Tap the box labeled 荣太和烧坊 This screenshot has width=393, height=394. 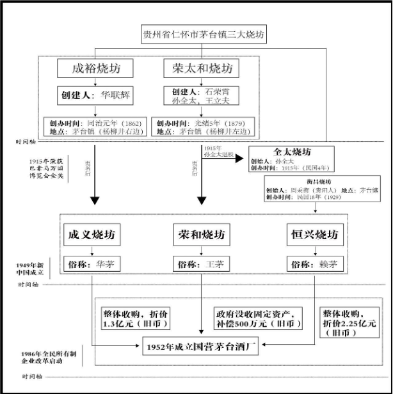click(203, 69)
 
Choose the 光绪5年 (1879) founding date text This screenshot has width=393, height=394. click(208, 122)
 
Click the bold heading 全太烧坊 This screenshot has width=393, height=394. click(291, 152)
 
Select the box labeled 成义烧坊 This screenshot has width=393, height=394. click(93, 235)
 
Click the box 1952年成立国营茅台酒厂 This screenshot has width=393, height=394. click(203, 349)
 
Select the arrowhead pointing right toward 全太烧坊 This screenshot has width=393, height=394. click(239, 155)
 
